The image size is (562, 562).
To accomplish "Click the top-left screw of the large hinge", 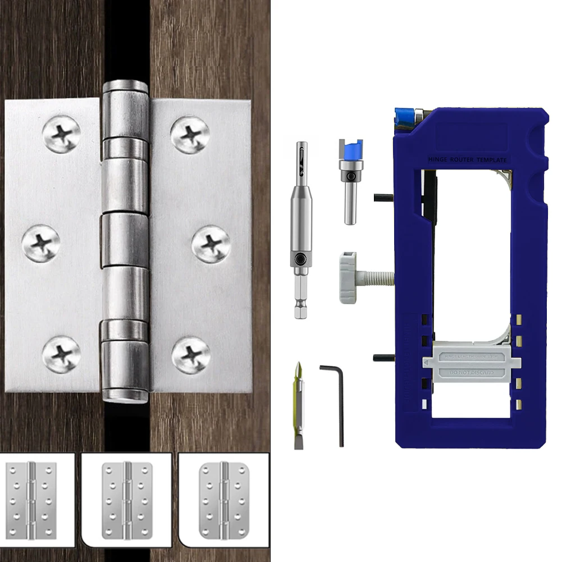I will [x=61, y=134].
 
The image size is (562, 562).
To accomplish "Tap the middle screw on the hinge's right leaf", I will [x=211, y=245].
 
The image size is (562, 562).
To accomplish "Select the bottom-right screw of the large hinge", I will [x=190, y=355].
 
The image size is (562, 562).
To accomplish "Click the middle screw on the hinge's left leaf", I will [x=41, y=243].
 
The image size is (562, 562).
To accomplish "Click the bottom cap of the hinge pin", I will [x=125, y=396].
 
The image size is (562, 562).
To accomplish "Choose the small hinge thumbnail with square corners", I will [x=32, y=499].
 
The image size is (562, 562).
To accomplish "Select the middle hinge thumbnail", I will [x=127, y=499].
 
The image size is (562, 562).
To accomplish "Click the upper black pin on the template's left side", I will [x=383, y=197].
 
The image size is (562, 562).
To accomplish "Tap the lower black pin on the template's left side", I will [x=383, y=358].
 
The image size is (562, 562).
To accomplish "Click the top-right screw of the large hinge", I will [x=190, y=134].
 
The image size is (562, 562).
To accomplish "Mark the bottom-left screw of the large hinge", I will [x=61, y=355].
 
